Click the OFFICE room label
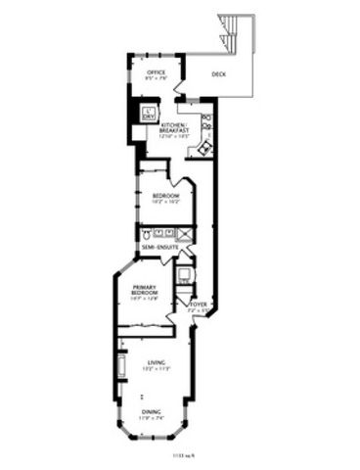(155, 72)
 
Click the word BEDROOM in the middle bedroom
(164, 195)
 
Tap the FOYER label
(200, 305)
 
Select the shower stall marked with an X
(182, 233)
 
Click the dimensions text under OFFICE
(155, 80)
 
